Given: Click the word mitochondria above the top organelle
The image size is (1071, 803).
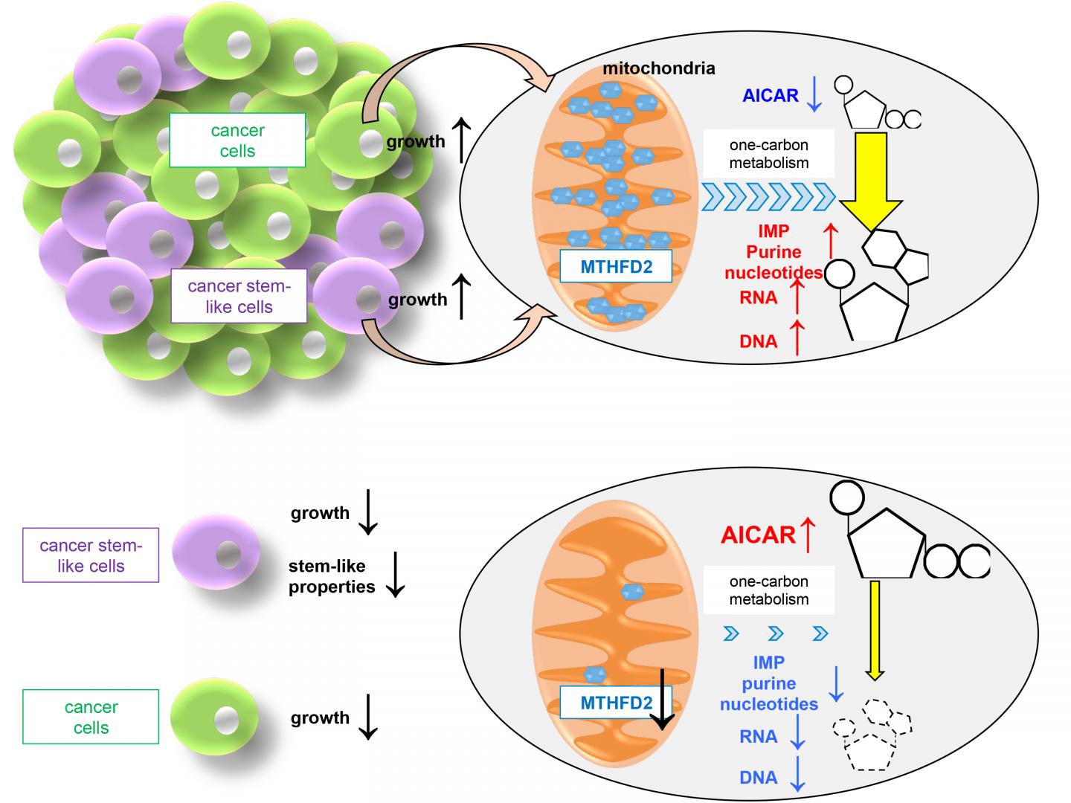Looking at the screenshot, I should [658, 68].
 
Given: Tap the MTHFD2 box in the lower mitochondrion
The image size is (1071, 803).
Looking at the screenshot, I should [616, 703].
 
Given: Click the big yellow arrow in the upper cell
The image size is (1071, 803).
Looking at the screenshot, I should [869, 178].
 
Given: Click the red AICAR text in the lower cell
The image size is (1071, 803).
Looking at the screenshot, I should [758, 535].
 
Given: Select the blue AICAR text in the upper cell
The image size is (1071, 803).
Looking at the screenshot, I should [770, 95].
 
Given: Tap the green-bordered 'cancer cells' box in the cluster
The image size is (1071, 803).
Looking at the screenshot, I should [237, 141].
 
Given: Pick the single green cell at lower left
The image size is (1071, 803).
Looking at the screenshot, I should [214, 717].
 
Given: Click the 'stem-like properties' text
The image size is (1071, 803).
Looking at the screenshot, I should [332, 576].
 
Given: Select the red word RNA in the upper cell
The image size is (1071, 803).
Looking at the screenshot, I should [758, 297].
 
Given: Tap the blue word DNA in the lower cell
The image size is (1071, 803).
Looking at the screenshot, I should [758, 778].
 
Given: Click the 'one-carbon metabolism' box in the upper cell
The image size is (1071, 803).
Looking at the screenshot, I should [768, 154].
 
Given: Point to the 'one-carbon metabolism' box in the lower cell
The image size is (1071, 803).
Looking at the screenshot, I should [768, 590].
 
